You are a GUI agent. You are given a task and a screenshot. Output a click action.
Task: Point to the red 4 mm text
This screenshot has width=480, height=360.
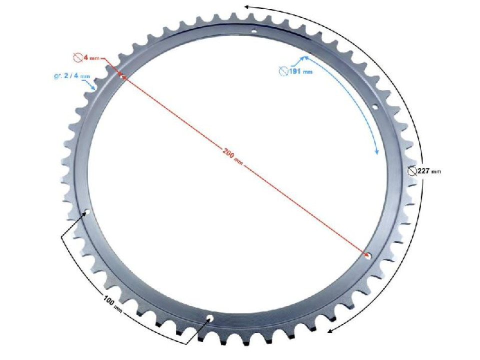coord(91,58)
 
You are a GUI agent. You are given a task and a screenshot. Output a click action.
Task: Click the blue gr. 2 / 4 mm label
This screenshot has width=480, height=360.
coord(72,76)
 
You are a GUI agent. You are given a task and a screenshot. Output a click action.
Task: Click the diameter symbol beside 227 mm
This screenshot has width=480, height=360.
coord(411,171)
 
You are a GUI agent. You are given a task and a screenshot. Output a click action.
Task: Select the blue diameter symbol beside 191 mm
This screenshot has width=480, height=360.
coord(282,71)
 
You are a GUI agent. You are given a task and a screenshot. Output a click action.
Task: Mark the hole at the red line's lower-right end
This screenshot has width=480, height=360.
coord(369,255)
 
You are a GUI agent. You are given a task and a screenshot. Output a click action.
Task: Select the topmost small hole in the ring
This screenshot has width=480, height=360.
coord(254,32)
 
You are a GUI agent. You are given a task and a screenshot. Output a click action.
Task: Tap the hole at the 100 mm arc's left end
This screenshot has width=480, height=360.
coord(87,212)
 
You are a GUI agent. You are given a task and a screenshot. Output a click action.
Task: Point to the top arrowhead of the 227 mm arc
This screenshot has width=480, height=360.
coord(246,7)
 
